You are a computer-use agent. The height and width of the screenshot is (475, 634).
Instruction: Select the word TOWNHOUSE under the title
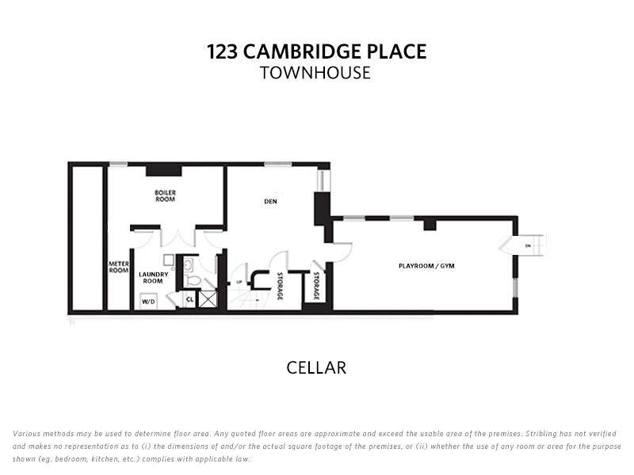coord(315,73)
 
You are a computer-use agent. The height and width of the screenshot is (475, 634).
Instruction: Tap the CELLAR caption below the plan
coord(316,367)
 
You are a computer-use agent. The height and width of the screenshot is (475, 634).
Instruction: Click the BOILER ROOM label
coord(165,196)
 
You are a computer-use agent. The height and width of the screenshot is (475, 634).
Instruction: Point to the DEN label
coord(269,201)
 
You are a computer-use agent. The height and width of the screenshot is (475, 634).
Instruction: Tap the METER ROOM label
coord(118,268)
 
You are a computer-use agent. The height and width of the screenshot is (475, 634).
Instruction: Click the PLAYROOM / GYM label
coord(426,265)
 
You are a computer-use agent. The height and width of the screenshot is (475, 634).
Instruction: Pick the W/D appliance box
coord(147,302)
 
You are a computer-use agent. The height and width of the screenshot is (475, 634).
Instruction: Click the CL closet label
coord(189,300)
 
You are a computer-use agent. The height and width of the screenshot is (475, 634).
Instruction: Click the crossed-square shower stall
coord(208,299)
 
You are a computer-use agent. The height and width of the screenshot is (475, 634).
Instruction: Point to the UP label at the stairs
coord(239,282)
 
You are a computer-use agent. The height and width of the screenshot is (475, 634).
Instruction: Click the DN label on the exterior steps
coord(528,246)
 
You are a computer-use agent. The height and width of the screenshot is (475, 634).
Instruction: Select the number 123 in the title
coord(221,52)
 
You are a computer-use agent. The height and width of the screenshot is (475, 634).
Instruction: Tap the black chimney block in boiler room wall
coord(164,169)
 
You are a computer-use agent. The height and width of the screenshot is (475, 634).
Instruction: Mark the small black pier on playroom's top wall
coord(430,225)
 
